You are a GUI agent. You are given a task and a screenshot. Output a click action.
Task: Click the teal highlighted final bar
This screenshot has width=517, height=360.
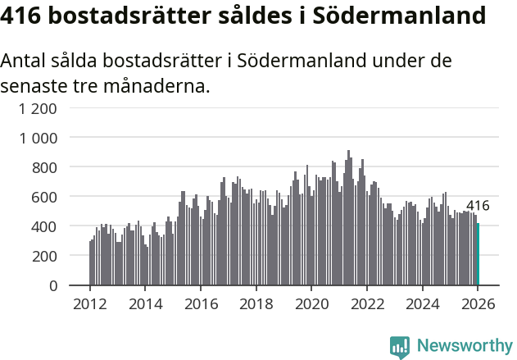tap(478, 254)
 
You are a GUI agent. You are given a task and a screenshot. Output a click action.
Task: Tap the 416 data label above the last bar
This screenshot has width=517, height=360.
tap(478, 206)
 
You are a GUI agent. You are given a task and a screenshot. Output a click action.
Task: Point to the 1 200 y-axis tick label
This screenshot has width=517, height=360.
tap(38, 108)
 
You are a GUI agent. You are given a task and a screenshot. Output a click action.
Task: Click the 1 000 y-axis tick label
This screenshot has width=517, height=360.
tap(38, 138)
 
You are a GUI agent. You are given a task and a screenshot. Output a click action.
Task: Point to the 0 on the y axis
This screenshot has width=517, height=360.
tap(52, 285)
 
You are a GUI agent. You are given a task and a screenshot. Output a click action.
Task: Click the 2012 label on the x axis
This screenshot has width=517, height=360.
tap(90, 304)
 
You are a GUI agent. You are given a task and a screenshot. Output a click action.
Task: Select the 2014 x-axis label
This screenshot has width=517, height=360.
tap(146, 304)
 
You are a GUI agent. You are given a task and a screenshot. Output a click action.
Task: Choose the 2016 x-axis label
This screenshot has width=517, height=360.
tap(201, 304)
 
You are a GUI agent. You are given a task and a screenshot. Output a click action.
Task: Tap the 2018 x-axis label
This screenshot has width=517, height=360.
tap(256, 304)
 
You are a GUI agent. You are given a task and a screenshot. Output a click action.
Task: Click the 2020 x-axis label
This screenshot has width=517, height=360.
tap(311, 304)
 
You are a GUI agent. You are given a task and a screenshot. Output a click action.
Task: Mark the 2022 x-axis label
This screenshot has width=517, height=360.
tap(367, 304)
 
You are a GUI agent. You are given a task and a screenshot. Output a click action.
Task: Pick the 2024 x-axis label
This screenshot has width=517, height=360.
tap(423, 304)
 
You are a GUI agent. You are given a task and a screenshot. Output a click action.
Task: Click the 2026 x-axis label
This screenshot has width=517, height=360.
tap(478, 304)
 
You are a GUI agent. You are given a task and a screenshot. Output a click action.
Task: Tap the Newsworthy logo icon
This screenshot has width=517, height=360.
tap(400, 347)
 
